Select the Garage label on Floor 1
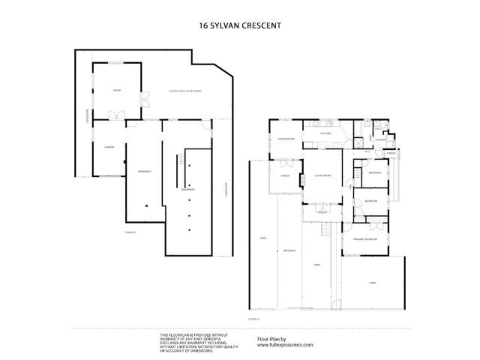coord(108,147)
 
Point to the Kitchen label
coord(325,133)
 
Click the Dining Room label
coord(286,139)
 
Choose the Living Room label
coord(323,175)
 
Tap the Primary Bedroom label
coord(364,239)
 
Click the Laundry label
coord(380,139)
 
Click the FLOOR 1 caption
coord(130,233)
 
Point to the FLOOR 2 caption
coord(253,319)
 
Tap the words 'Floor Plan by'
coord(272,339)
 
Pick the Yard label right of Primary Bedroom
coord(372,282)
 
